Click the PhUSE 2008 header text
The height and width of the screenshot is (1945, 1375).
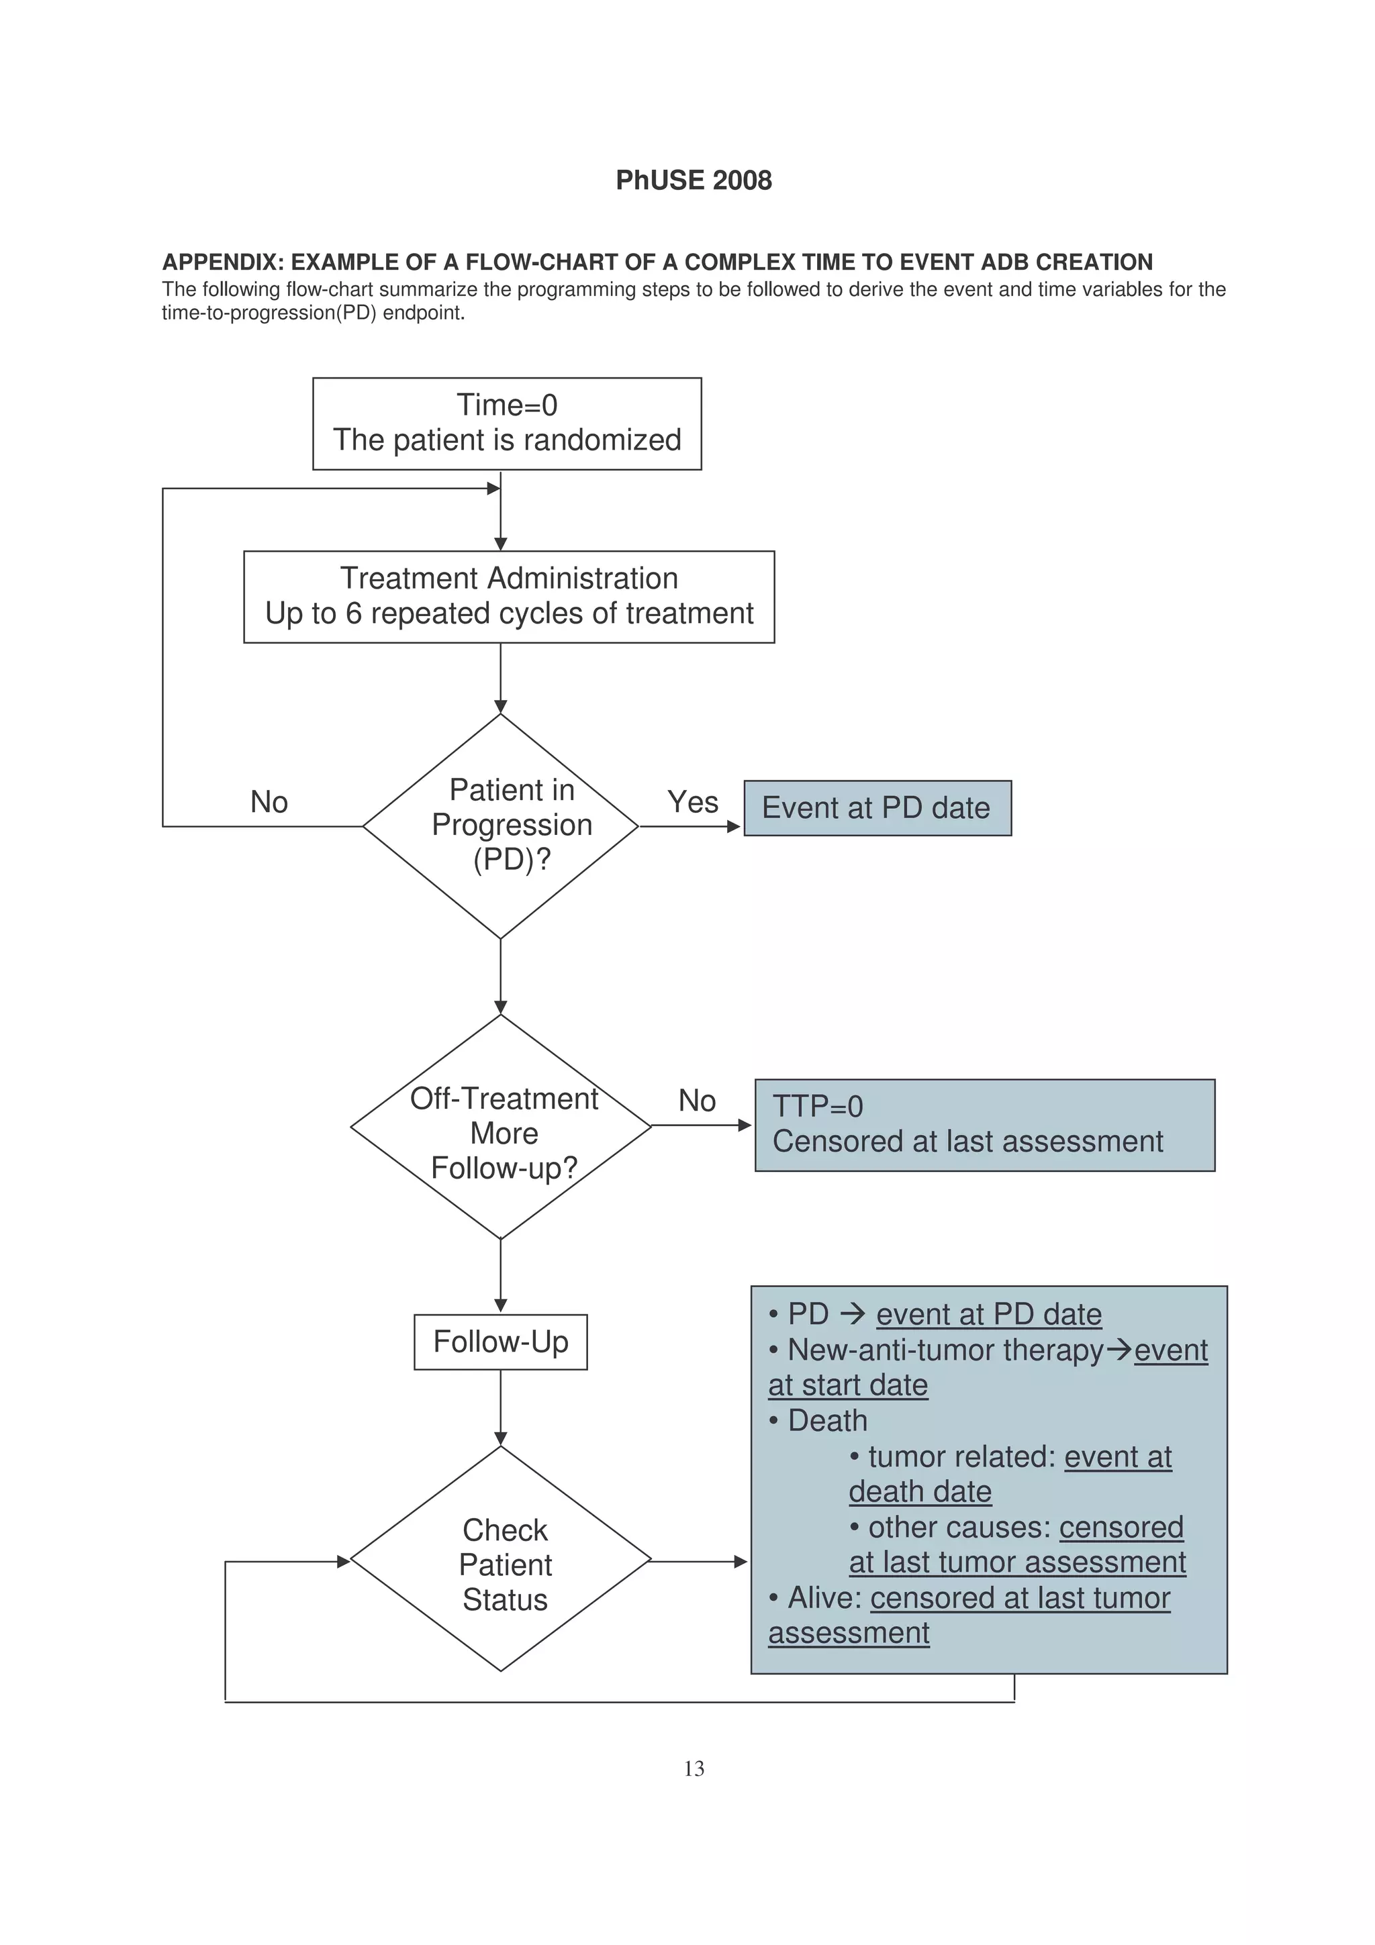point(693,181)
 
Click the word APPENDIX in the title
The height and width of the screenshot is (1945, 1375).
point(223,262)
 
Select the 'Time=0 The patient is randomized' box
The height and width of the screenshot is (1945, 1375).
point(507,423)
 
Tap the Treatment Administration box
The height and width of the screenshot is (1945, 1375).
point(508,597)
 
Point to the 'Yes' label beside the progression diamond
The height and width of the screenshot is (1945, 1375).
point(692,801)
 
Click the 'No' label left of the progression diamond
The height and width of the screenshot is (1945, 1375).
point(269,801)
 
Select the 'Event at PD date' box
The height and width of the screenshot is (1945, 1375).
point(877,808)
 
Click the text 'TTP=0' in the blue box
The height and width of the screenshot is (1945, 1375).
point(818,1106)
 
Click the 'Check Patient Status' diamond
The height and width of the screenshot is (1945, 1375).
point(501,1564)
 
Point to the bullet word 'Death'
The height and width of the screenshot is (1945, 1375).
point(827,1421)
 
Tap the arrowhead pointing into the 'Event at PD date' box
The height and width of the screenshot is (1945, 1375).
point(734,827)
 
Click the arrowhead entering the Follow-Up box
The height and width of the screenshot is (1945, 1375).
point(501,1305)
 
